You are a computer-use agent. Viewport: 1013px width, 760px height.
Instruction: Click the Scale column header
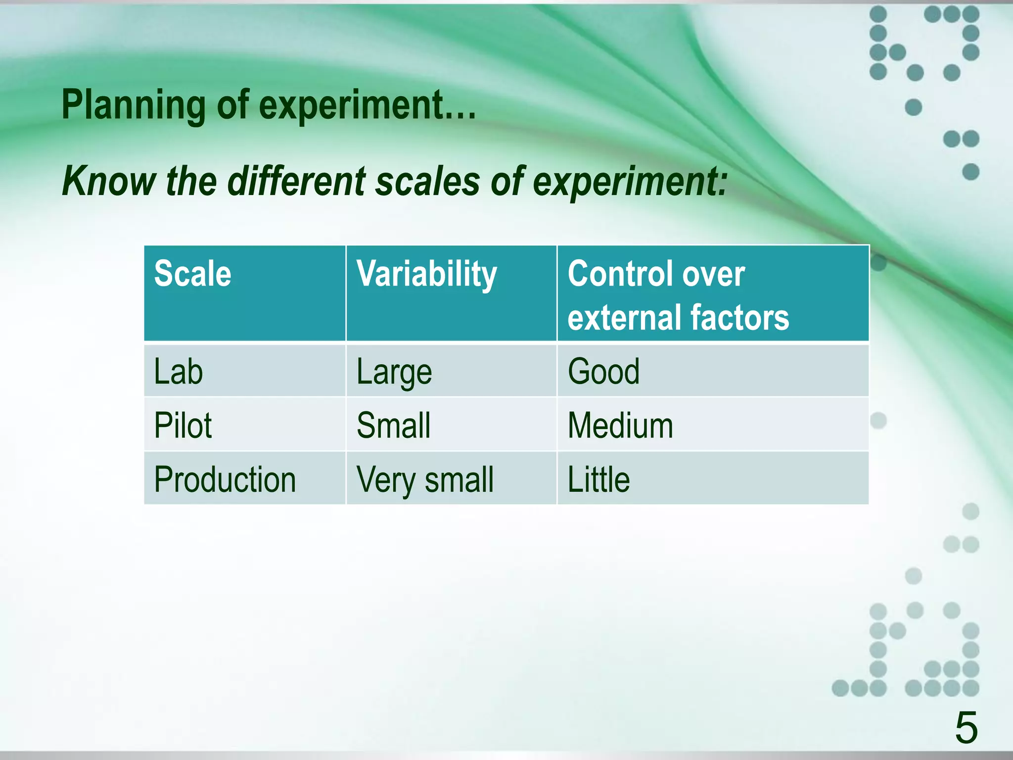192,274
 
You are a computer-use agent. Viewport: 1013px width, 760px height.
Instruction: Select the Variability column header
426,275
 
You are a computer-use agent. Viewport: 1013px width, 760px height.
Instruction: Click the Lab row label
178,372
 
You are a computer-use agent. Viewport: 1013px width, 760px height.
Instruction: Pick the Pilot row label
183,426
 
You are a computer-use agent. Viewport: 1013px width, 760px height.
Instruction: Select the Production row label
225,479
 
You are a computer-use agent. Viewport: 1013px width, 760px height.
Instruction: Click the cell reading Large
394,373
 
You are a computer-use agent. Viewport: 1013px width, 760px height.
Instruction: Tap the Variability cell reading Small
394,426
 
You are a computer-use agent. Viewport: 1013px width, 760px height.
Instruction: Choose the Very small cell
425,480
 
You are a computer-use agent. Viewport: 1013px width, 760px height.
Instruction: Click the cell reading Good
603,372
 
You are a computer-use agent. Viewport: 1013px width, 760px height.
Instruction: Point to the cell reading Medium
620,426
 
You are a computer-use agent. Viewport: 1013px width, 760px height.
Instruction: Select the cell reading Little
599,479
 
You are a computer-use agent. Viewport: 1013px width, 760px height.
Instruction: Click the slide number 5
966,728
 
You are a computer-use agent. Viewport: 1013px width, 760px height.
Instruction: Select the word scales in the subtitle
428,181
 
